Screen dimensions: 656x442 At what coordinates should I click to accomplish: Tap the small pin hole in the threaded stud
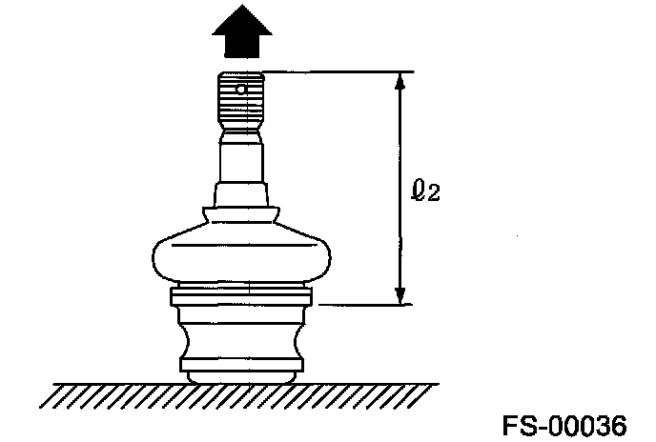243,90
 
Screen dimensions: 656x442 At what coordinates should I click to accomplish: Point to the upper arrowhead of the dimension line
401,82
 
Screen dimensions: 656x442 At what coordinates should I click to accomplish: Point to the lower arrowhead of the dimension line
401,295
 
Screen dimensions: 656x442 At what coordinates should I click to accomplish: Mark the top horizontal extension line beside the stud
334,71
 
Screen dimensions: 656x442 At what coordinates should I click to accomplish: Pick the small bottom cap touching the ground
242,377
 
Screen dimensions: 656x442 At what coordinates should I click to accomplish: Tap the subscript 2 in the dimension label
434,194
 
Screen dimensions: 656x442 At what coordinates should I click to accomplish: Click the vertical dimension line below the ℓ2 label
401,252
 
